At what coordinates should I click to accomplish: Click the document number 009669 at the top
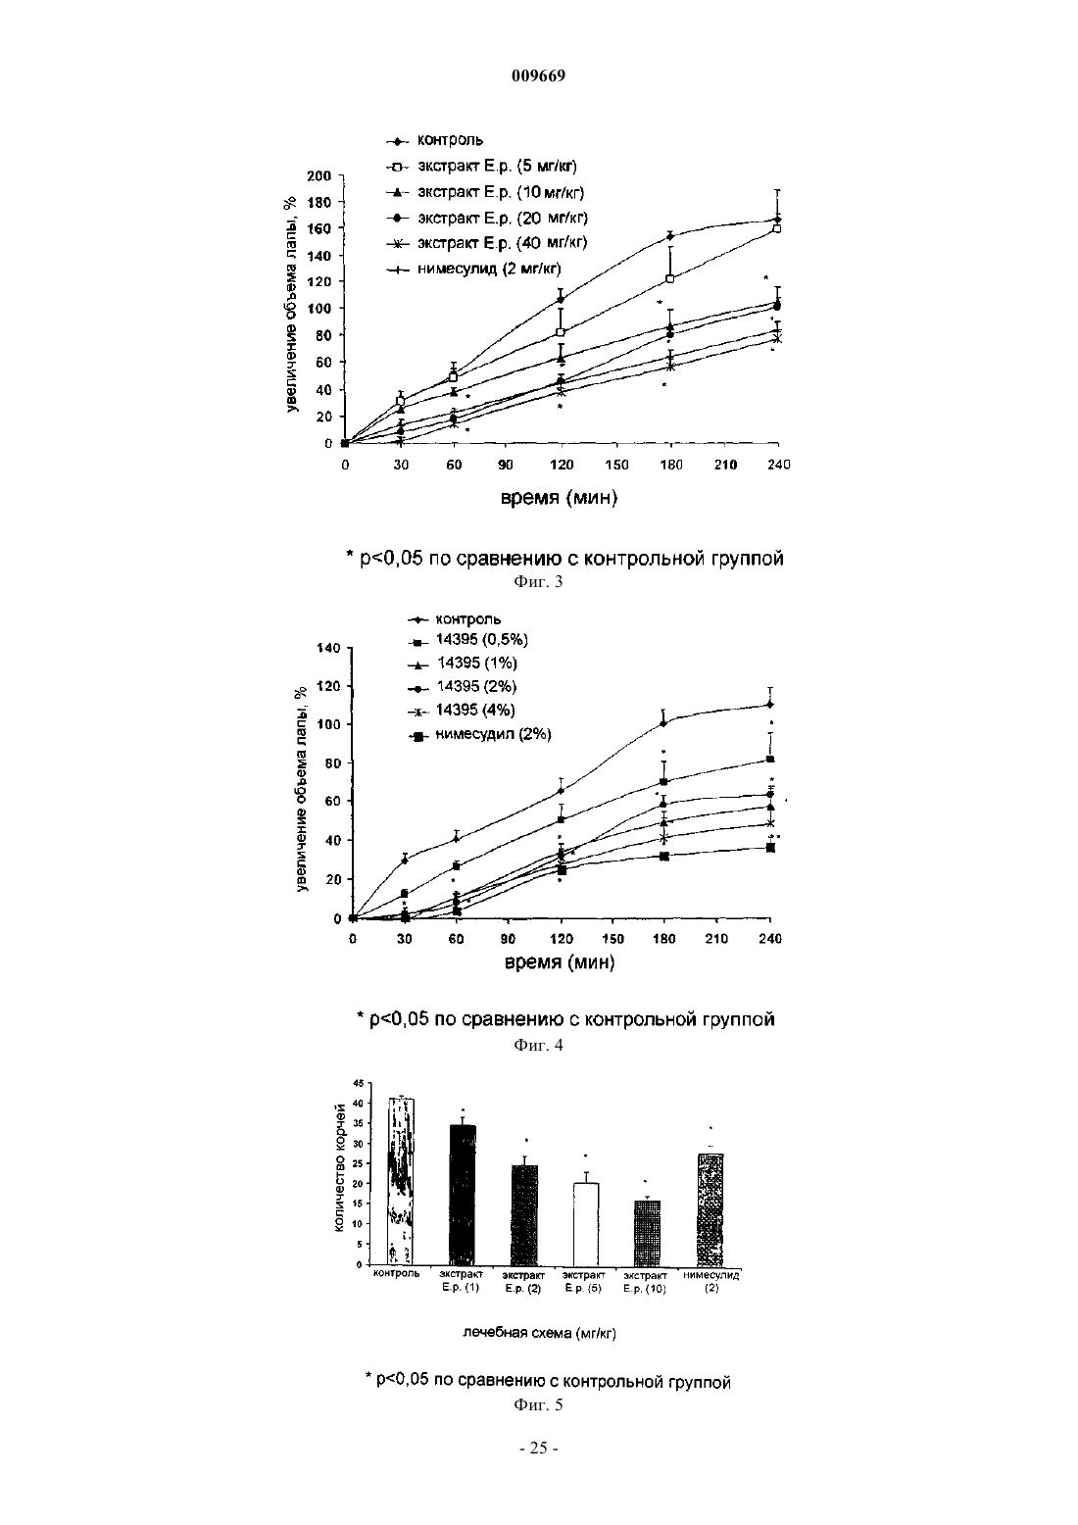538,75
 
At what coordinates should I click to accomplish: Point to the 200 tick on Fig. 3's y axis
318,176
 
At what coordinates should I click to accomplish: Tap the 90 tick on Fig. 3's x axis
506,465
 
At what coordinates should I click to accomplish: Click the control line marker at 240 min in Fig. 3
777,220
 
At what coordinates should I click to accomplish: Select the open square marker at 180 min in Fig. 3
670,278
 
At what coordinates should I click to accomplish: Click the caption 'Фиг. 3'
538,581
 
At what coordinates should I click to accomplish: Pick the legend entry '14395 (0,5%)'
468,639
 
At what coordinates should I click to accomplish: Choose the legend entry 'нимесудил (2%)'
480,735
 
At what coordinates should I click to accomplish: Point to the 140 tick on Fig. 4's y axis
328,648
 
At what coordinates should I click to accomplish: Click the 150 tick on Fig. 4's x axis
612,939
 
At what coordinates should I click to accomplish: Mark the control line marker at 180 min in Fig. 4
662,723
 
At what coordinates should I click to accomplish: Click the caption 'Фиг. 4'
538,1045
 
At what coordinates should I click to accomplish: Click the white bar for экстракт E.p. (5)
586,1223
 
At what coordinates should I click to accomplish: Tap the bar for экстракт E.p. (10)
647,1232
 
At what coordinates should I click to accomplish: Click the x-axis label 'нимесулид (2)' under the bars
711,1281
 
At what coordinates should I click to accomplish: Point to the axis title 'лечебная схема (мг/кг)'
540,1333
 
